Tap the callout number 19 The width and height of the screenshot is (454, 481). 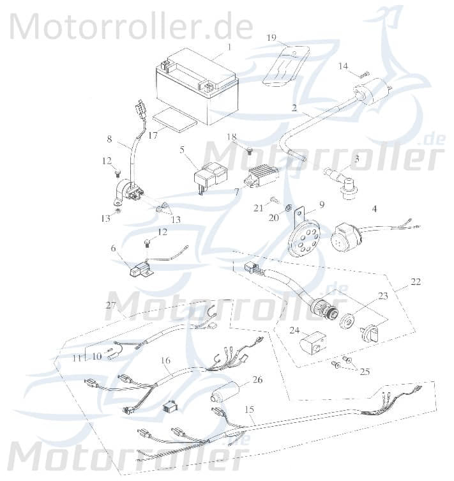pos(271,38)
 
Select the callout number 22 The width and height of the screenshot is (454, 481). pos(416,281)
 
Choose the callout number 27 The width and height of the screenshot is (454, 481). pos(110,305)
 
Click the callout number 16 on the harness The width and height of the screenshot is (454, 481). pos(165,361)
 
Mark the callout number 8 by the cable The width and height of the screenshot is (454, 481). pos(109,138)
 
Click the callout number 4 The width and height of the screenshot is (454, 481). pos(375,208)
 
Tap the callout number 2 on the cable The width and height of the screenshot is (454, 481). pos(294,108)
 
